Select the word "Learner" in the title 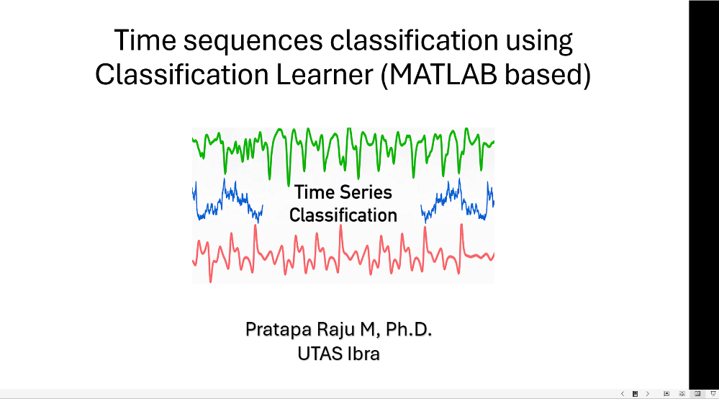click(322, 73)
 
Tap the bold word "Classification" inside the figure click(343, 215)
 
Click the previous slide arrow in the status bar click(622, 394)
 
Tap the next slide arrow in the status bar click(647, 394)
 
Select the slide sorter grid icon click(682, 394)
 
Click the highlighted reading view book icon click(697, 394)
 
